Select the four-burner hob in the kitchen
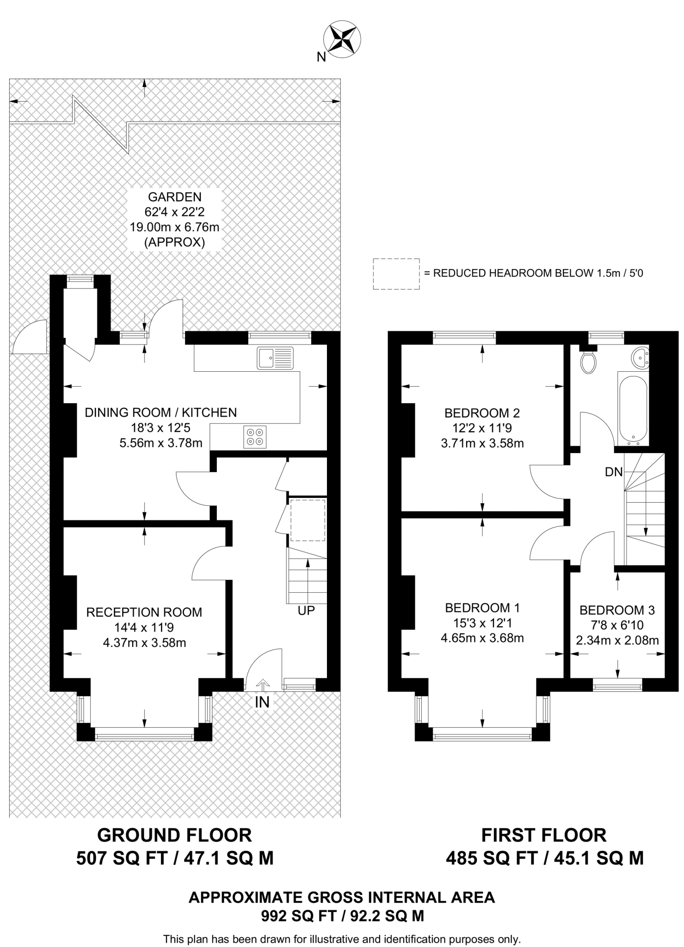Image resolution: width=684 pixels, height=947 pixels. [255, 437]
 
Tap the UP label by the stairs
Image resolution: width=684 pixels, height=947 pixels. [306, 610]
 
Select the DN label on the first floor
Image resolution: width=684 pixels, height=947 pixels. [614, 472]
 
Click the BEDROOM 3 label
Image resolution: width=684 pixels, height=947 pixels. [617, 610]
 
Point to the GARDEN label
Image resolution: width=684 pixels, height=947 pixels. [175, 197]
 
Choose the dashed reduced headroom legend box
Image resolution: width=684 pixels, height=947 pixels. [396, 274]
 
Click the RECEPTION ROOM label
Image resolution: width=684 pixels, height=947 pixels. [144, 612]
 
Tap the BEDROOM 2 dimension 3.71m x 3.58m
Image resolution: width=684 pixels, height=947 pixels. [482, 443]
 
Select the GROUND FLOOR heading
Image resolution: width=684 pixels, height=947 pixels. [175, 835]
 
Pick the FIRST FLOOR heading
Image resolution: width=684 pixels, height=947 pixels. [544, 835]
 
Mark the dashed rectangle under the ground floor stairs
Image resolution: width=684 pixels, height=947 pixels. [308, 520]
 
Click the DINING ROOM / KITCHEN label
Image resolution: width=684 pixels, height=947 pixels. [160, 412]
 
